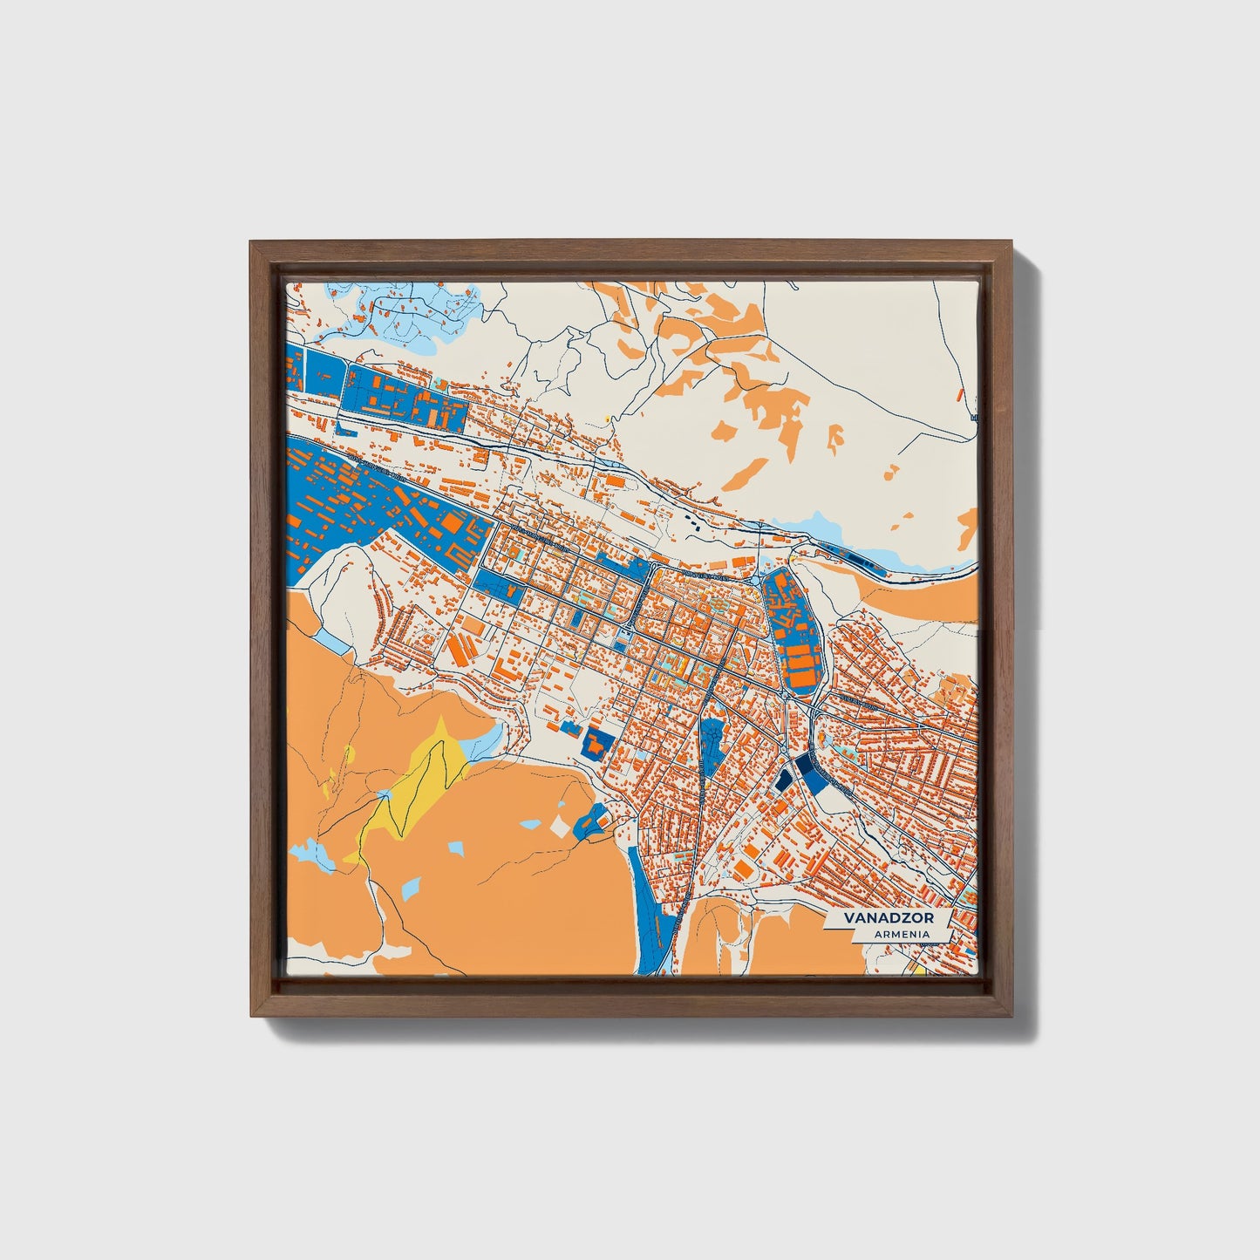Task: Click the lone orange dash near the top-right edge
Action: pos(961,395)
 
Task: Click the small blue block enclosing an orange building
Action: pos(598,742)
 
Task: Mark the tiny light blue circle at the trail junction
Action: pos(381,795)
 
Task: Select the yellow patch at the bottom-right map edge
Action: pos(918,967)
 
